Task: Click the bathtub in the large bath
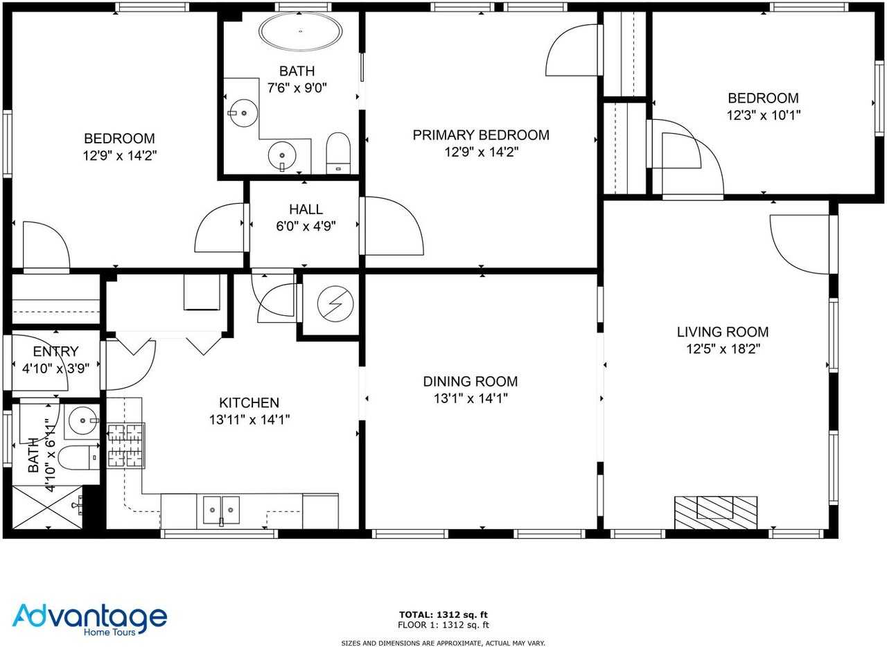[300, 32]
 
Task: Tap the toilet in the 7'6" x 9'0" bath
[338, 152]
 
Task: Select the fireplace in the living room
[716, 512]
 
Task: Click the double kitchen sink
[221, 509]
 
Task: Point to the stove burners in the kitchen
[125, 445]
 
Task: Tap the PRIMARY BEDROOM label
[481, 135]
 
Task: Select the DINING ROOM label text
[470, 382]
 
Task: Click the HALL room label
[306, 209]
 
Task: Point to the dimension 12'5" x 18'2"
[723, 350]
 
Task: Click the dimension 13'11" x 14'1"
[249, 419]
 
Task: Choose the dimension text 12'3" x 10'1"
[763, 116]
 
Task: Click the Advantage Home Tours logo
[89, 618]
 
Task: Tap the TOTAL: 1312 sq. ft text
[443, 614]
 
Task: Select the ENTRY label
[55, 352]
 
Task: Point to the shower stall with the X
[47, 509]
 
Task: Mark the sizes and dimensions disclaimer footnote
[443, 643]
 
